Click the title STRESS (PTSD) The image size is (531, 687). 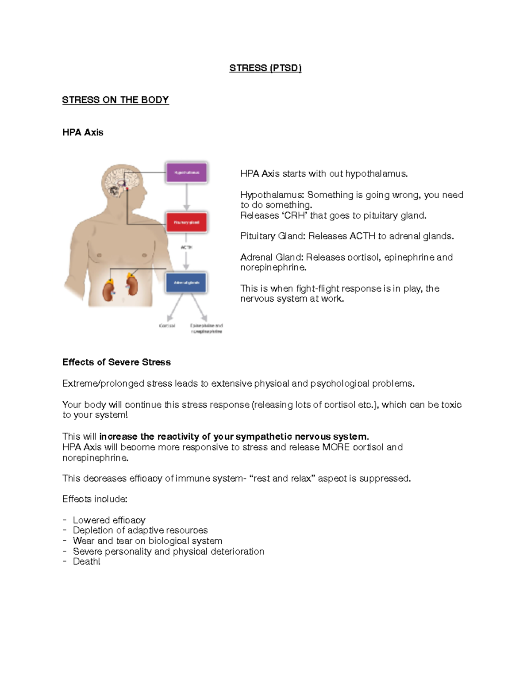pyautogui.click(x=265, y=68)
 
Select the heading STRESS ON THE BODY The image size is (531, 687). pyautogui.click(x=115, y=100)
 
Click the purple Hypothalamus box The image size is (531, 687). pyautogui.click(x=186, y=173)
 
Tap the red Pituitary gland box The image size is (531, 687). pyautogui.click(x=186, y=223)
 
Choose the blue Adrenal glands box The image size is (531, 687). pyautogui.click(x=186, y=283)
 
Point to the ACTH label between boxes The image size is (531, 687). pyautogui.click(x=186, y=247)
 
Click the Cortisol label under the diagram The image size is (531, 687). pyautogui.click(x=167, y=326)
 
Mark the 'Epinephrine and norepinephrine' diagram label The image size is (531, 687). pyautogui.click(x=206, y=328)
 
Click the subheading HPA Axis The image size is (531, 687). pyautogui.click(x=83, y=132)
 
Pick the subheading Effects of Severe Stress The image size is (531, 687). pyautogui.click(x=116, y=362)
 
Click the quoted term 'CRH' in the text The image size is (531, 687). pyautogui.click(x=294, y=215)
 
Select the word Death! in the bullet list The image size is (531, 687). pyautogui.click(x=86, y=562)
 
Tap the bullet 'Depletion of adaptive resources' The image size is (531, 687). pyautogui.click(x=140, y=530)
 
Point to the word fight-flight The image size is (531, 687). pyautogui.click(x=318, y=288)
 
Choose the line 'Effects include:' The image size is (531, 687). pyautogui.click(x=95, y=499)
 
